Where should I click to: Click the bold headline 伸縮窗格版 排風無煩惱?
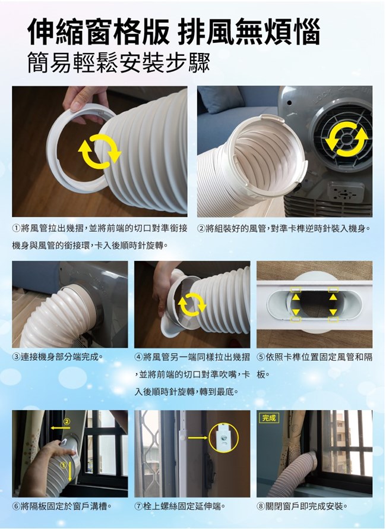(x=173, y=32)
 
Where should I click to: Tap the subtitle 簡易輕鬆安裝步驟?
(x=119, y=62)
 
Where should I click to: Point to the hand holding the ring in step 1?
(x=85, y=101)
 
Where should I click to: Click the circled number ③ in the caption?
(x=16, y=357)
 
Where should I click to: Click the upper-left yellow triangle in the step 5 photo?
(x=296, y=297)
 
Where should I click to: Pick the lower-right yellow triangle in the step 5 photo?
(x=333, y=311)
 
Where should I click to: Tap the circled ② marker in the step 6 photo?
(x=67, y=421)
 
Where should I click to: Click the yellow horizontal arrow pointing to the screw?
(x=198, y=437)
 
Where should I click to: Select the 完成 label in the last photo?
(x=269, y=418)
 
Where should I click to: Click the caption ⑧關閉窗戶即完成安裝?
(x=302, y=506)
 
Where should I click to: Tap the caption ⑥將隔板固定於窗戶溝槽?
(x=62, y=506)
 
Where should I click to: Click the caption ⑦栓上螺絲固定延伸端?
(x=180, y=506)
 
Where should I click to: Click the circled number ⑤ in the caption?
(x=261, y=357)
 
